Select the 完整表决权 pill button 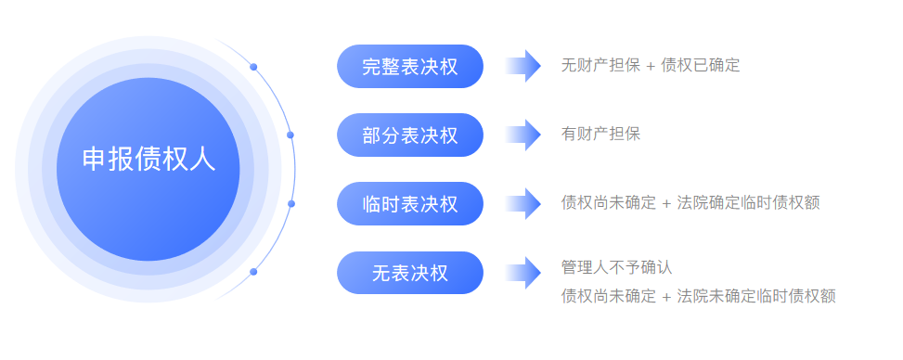(x=410, y=66)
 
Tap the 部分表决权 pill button (x=410, y=135)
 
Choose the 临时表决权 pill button (x=410, y=203)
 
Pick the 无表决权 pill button (x=410, y=273)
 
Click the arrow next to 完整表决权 (x=523, y=66)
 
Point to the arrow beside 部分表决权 (x=523, y=135)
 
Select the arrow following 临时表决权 (x=523, y=203)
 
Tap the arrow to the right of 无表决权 (x=523, y=273)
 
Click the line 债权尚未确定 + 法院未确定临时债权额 (x=698, y=297)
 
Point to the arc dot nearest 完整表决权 (x=253, y=67)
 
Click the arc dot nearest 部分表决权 (x=290, y=135)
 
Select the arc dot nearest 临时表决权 (x=291, y=203)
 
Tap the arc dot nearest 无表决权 (x=253, y=272)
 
